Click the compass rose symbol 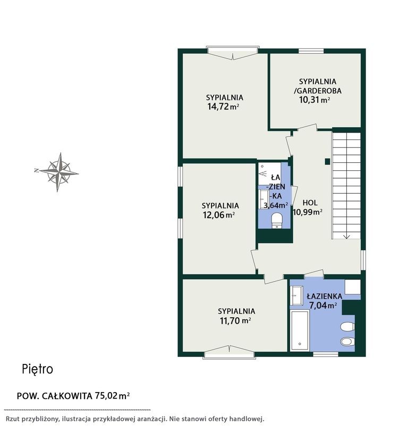(59, 172)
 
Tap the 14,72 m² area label (223, 106)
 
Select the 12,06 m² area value (219, 214)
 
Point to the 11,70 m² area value (235, 320)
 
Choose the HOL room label (310, 203)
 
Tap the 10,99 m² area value (308, 212)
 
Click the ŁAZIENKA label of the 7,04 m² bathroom (325, 296)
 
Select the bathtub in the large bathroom (300, 330)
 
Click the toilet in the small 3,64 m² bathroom (276, 220)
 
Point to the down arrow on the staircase (346, 236)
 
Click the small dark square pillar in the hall (327, 162)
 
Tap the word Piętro (37, 369)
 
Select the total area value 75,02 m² (112, 396)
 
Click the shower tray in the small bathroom (269, 174)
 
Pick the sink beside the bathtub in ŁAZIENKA (297, 296)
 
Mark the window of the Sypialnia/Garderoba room (311, 51)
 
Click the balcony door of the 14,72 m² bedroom (233, 53)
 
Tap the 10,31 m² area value (314, 99)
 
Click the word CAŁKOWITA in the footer (67, 396)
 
